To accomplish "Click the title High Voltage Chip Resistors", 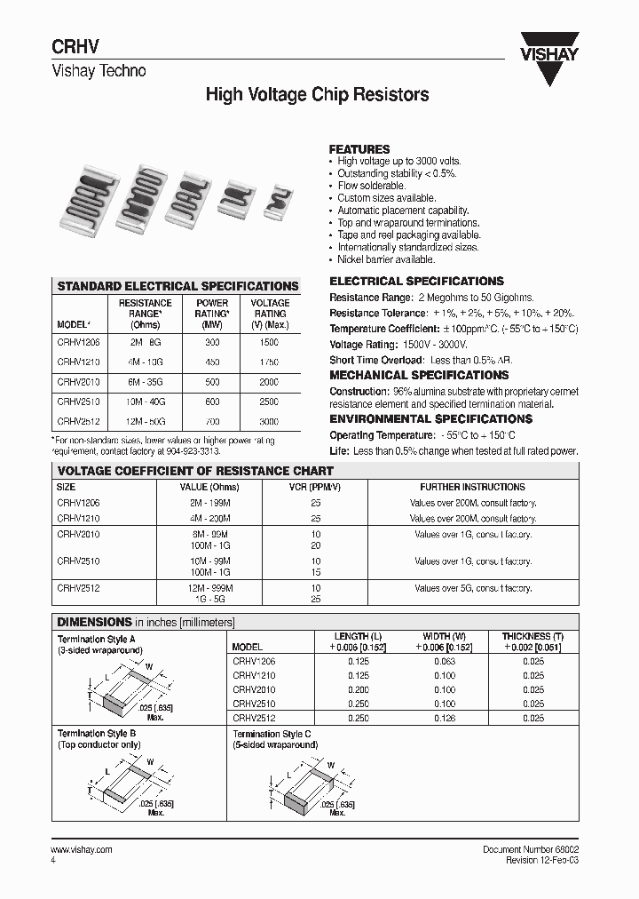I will click(318, 94).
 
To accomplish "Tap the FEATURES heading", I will click(359, 149).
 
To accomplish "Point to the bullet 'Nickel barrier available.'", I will click(386, 259).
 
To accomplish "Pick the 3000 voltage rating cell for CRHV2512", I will click(269, 422).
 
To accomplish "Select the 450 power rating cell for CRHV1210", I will click(212, 362).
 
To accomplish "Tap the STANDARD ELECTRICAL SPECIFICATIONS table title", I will click(177, 286).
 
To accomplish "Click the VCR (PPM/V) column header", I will click(315, 487).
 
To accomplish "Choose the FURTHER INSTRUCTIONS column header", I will click(472, 487).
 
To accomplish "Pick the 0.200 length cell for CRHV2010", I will click(357, 689).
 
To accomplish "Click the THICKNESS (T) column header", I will click(532, 637).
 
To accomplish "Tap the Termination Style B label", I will click(97, 733).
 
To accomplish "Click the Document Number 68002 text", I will click(530, 850).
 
